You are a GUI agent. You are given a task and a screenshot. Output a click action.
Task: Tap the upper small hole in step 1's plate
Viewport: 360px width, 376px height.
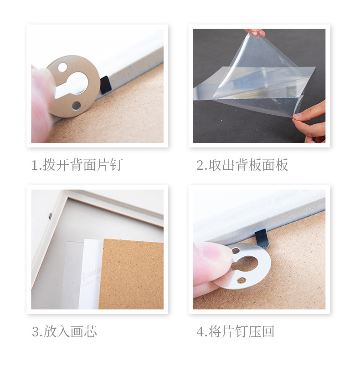[62, 67]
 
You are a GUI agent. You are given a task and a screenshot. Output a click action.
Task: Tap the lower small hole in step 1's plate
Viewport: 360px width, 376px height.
[76, 106]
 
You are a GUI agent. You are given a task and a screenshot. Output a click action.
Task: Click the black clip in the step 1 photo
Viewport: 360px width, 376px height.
[105, 85]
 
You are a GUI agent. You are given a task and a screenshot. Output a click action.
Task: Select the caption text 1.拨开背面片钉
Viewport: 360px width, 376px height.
[77, 165]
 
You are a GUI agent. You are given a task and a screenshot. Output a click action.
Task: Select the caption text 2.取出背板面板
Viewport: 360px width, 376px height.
[242, 165]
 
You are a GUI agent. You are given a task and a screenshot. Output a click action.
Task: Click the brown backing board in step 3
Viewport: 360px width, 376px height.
[132, 273]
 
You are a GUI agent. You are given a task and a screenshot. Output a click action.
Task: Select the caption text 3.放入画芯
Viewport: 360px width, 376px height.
[64, 331]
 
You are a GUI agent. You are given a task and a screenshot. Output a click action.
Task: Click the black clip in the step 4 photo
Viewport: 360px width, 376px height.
[261, 238]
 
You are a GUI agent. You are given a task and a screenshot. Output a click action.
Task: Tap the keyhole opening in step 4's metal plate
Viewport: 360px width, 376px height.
[246, 263]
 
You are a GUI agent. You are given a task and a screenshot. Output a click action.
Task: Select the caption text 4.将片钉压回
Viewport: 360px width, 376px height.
[235, 331]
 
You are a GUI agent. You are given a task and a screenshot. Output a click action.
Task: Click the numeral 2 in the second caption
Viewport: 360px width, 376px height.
[200, 165]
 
